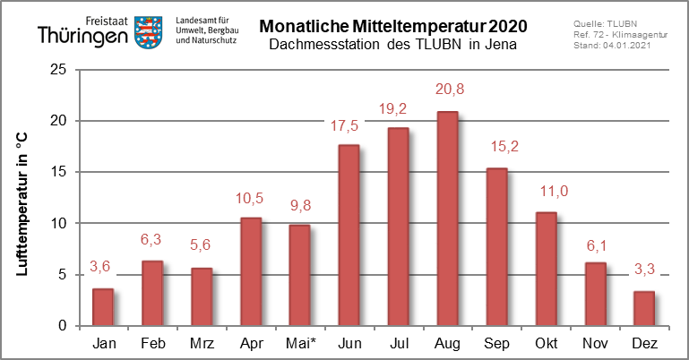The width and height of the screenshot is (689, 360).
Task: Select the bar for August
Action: pos(447,219)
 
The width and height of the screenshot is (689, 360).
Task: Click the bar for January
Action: pos(103,307)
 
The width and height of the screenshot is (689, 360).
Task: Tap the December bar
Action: pos(644,309)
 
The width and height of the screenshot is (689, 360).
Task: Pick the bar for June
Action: pos(349,236)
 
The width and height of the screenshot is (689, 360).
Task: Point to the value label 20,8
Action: pos(450,90)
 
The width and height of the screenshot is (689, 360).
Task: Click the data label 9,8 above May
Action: pos(300,205)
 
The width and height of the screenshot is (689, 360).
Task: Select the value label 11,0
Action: pos(554,191)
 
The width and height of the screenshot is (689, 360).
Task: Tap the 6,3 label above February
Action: pos(151,239)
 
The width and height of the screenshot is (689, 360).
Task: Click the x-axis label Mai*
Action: pos(301,343)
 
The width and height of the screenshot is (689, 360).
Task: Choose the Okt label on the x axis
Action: pos(547,343)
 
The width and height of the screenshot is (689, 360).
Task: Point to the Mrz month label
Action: pos(202,343)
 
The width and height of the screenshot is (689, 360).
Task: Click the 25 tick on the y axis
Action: pos(58,69)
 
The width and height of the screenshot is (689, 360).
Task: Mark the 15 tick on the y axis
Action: pos(58,172)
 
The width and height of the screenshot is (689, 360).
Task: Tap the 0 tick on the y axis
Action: pos(62,326)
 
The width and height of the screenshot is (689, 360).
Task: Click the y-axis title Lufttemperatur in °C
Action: pos(22,203)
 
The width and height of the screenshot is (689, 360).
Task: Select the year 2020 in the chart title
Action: pos(507,26)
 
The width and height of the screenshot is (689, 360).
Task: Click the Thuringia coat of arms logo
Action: pos(148,32)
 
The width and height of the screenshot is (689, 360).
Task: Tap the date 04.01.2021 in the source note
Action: pos(626,45)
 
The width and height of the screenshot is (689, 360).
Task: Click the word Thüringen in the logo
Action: pos(82,36)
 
